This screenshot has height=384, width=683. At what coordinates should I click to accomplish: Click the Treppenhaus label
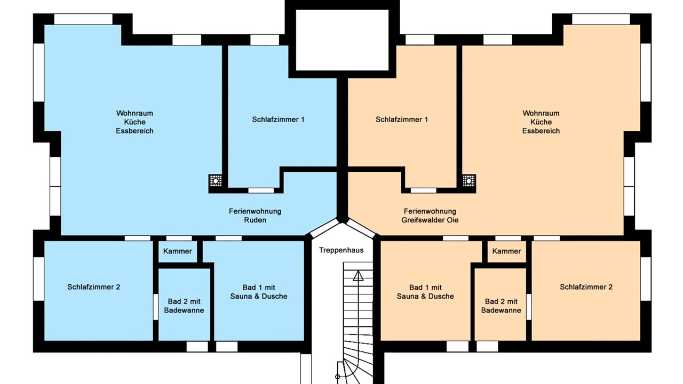click(341, 250)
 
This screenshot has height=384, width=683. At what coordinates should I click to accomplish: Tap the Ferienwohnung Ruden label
click(255, 215)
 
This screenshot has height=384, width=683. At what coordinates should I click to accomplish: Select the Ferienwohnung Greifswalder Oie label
click(430, 215)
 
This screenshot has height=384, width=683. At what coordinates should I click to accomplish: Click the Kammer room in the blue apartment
click(178, 251)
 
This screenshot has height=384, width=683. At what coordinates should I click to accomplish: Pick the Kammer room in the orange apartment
click(506, 251)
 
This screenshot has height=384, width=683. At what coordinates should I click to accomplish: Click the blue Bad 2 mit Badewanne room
click(184, 305)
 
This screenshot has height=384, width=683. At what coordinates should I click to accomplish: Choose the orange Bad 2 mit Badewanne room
click(501, 305)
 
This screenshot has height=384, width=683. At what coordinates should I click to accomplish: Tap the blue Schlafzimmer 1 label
click(278, 119)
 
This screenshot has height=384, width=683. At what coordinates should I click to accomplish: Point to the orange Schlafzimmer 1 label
click(402, 119)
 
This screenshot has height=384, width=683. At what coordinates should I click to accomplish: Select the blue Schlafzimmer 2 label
click(93, 287)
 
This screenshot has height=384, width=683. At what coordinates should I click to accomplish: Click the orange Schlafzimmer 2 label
click(586, 287)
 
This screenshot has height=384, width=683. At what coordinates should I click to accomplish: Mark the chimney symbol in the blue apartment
click(215, 181)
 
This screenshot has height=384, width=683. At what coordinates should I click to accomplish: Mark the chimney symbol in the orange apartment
click(469, 181)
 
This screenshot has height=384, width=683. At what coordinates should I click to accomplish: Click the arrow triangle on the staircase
click(358, 276)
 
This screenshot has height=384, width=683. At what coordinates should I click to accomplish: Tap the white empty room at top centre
click(342, 40)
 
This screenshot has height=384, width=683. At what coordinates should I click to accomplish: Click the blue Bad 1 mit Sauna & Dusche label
click(259, 292)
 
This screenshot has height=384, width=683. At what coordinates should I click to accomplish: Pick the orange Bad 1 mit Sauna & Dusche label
click(425, 292)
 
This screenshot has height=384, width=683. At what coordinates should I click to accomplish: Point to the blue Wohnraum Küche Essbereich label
click(134, 122)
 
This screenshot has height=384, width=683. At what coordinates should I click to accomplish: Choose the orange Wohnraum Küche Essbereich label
click(541, 122)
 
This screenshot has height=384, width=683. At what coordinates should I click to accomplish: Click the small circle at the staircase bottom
click(338, 377)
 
